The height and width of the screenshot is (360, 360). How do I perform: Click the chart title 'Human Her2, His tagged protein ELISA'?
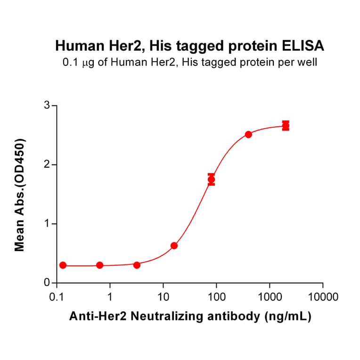189,46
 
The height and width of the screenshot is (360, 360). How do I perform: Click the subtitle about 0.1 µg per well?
189,62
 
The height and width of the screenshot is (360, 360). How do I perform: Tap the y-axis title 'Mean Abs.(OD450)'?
20,195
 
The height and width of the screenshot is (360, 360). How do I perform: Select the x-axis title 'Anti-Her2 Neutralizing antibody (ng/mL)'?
190,317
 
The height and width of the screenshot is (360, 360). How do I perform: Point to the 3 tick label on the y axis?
47,106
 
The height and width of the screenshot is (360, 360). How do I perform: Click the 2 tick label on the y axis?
47,164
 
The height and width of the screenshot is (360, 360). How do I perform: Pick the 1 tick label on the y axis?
47,224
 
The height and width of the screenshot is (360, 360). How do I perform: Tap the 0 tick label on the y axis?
47,283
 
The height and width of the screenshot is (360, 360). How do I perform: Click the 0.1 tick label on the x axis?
57,297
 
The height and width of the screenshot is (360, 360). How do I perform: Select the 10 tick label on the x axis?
163,297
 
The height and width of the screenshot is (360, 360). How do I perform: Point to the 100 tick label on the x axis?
216,297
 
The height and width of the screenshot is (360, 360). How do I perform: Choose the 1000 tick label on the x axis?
270,297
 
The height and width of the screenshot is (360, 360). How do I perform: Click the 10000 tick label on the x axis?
323,297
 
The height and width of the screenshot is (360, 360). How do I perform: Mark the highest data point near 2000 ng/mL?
286,125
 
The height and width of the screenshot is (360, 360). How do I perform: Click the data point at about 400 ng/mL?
248,134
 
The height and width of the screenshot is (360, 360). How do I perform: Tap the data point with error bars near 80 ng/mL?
212,180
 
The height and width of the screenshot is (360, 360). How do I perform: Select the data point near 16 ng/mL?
174,245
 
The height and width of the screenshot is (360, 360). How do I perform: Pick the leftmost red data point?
63,265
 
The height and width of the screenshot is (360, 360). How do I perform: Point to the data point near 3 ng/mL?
137,265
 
